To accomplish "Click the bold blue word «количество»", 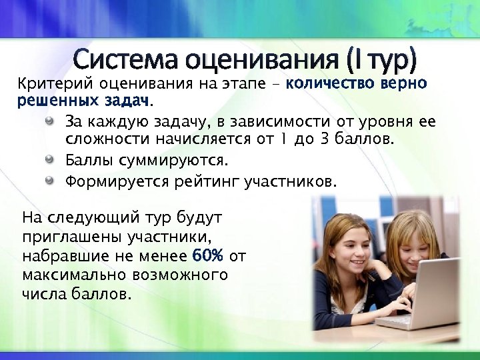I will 326,85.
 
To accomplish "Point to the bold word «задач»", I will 127,101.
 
